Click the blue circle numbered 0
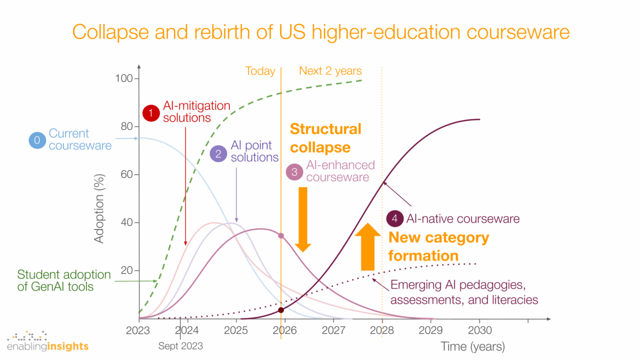(x=37, y=140)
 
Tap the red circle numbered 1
(x=150, y=113)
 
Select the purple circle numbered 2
(x=218, y=153)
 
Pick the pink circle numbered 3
(x=294, y=171)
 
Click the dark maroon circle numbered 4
(x=395, y=218)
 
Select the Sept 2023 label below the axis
(x=180, y=345)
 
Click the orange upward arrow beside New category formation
(x=367, y=246)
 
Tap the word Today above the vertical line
(x=260, y=71)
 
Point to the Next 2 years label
(x=330, y=71)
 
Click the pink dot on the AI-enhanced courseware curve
(x=281, y=235)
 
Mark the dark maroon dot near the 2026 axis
(x=281, y=310)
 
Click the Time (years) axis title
(x=472, y=346)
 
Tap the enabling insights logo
(x=47, y=341)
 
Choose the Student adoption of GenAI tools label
(x=64, y=280)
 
